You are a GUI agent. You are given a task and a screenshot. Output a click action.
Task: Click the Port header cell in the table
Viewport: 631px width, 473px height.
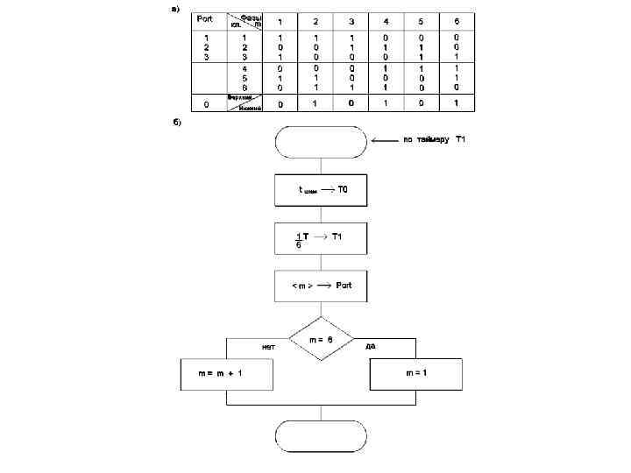(x=205, y=19)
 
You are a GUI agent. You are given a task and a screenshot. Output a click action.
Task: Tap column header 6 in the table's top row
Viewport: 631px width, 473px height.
(x=456, y=21)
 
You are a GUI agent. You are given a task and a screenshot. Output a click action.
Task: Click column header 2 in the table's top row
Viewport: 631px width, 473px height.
(x=315, y=21)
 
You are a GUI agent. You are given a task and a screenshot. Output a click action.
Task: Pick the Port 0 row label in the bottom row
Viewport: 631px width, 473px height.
(x=206, y=104)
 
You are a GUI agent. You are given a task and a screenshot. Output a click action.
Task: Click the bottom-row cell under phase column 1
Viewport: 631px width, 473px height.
(x=280, y=104)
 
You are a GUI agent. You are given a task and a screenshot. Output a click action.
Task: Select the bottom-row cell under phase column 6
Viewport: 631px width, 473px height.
(x=456, y=103)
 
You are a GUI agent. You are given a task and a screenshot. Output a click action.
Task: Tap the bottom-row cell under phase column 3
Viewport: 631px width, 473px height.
(x=351, y=103)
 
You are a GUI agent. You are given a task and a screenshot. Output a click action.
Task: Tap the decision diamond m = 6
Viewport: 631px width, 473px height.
(x=321, y=338)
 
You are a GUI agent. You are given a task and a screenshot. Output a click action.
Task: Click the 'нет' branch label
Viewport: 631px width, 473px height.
(x=269, y=346)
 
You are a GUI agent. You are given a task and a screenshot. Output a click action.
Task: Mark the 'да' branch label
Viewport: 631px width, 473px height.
(x=371, y=346)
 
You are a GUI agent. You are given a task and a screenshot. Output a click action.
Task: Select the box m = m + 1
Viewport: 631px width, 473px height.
(x=226, y=373)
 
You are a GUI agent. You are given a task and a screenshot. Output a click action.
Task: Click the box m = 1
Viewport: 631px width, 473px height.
(x=415, y=373)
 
